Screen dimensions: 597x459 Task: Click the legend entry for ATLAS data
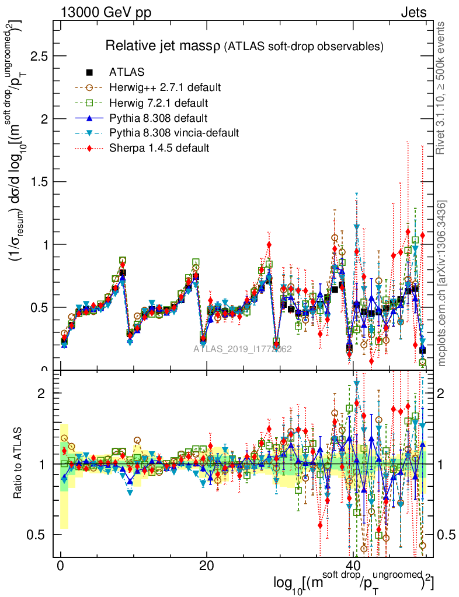127,73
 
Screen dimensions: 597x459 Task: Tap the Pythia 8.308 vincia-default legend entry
174,133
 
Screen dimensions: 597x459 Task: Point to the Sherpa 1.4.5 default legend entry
159,148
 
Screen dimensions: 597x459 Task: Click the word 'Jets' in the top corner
413,12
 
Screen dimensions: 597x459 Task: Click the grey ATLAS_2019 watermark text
243,349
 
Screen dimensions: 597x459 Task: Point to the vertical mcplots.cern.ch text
442,283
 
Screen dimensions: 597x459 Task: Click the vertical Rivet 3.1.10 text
442,87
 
